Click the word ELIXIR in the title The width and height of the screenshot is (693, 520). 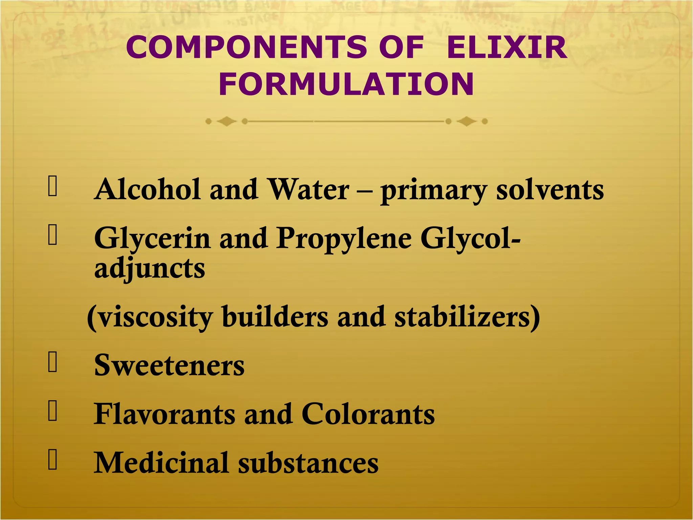click(x=507, y=47)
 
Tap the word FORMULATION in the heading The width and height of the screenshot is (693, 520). click(x=346, y=85)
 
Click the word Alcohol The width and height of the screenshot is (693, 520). click(x=148, y=190)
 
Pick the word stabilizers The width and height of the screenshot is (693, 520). click(x=467, y=318)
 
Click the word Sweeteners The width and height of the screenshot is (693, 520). click(x=169, y=366)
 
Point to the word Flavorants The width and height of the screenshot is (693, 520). click(x=164, y=414)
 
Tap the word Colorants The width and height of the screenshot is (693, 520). click(x=368, y=414)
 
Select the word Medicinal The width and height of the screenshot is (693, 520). click(x=161, y=463)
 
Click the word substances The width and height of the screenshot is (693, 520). click(x=308, y=463)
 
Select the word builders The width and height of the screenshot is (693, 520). click(x=275, y=318)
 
